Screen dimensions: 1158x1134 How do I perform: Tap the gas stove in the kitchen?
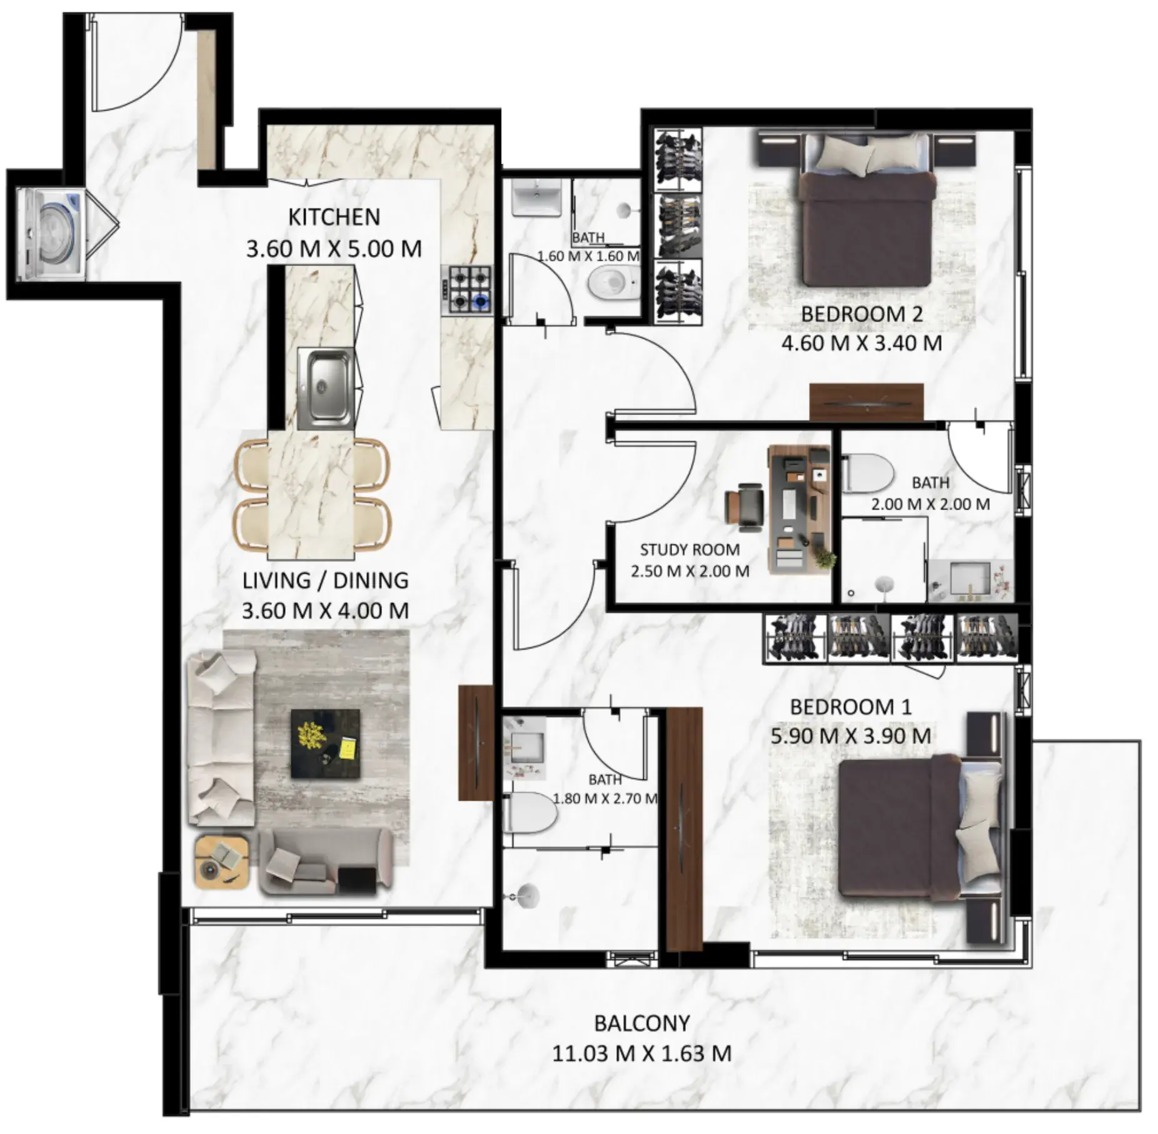(x=466, y=289)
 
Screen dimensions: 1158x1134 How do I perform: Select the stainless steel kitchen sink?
(x=325, y=388)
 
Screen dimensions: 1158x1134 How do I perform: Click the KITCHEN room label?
(x=334, y=217)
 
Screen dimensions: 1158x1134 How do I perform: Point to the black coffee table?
(x=326, y=743)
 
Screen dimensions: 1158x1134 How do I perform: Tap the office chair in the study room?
(x=744, y=503)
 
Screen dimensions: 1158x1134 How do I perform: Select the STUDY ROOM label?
(x=690, y=549)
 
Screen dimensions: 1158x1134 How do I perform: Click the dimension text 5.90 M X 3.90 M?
(x=850, y=736)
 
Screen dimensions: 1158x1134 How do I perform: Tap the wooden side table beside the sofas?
(x=221, y=861)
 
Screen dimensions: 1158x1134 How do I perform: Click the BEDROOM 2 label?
(x=862, y=314)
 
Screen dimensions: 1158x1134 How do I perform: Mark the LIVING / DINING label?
(x=325, y=580)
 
